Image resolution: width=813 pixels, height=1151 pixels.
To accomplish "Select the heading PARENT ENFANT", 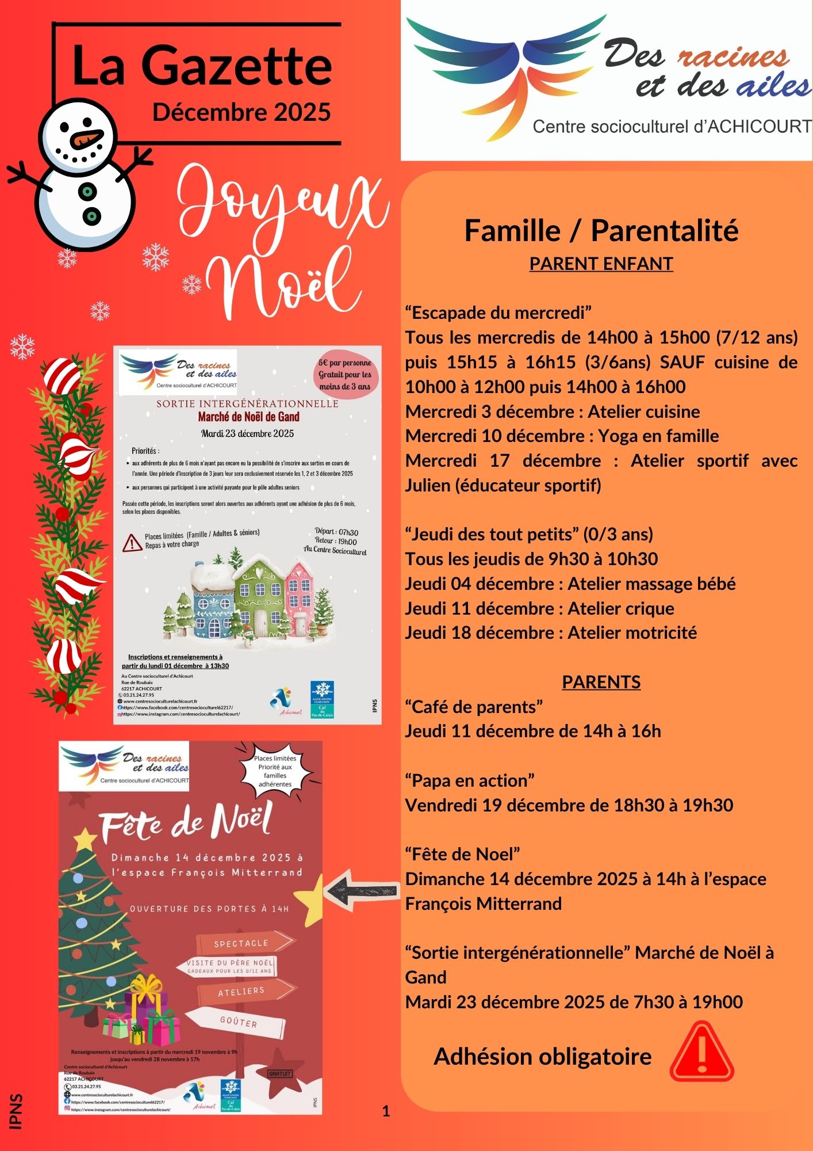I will [x=601, y=264].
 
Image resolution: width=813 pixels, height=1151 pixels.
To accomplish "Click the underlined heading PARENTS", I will [x=601, y=682].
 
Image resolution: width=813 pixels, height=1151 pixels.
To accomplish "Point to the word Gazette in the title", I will [x=236, y=66].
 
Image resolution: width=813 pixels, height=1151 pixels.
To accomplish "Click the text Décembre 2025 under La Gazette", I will [x=241, y=112].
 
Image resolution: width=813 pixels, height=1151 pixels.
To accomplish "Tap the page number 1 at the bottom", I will [x=386, y=1111].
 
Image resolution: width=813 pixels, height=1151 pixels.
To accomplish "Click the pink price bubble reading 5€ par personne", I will [x=345, y=375].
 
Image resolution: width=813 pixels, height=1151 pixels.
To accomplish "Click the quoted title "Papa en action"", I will [x=470, y=780].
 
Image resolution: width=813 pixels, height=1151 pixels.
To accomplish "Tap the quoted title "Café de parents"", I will [x=474, y=707].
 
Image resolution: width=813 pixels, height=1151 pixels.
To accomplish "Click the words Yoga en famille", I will [x=658, y=436].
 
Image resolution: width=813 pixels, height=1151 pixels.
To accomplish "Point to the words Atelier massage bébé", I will [x=651, y=584].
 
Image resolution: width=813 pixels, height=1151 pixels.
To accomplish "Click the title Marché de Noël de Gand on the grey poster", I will [x=248, y=417].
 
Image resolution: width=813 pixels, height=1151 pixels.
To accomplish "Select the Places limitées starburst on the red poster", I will [x=275, y=771].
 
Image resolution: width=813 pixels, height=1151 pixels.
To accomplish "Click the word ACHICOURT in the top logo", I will [x=759, y=127].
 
